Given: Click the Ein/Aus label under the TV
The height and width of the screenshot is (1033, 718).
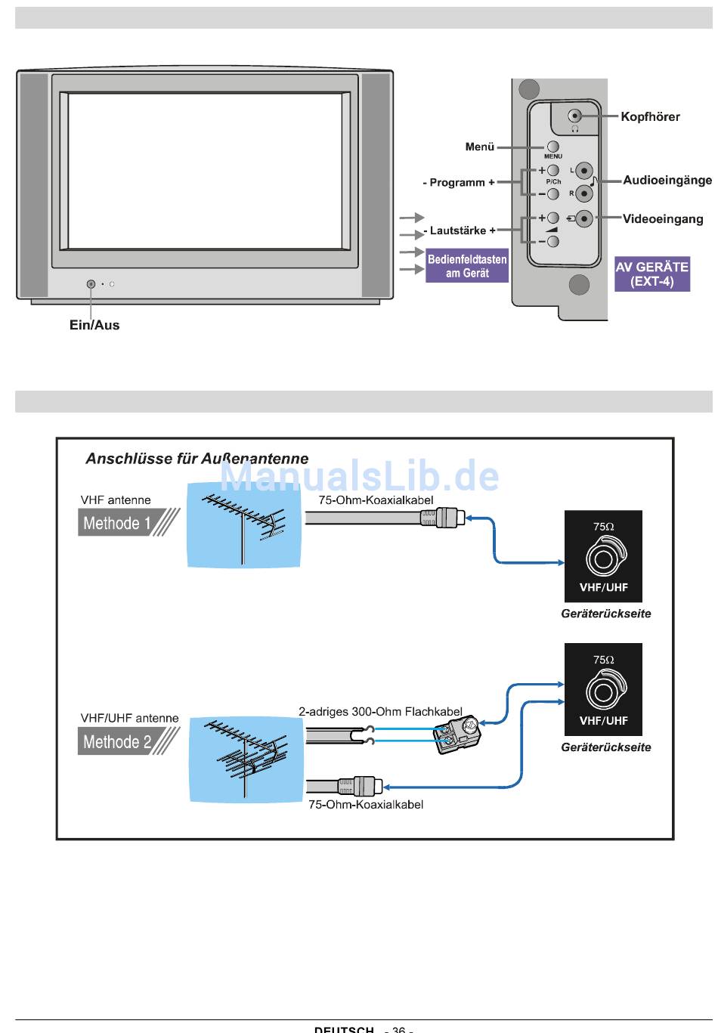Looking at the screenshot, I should pos(94,326).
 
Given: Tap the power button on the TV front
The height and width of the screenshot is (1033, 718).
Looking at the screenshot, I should pos(91,284).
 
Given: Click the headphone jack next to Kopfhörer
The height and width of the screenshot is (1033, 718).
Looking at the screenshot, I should pos(575,116).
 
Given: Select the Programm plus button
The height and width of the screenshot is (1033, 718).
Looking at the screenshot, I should pos(552,171).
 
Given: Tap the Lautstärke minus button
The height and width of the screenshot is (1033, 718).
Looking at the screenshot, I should pos(552,242).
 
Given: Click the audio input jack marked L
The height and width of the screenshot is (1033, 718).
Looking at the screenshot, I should pos(583,171).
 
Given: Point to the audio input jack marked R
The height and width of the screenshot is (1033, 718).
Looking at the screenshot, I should pos(583,193).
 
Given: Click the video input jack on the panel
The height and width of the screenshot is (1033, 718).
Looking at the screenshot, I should pos(583,219).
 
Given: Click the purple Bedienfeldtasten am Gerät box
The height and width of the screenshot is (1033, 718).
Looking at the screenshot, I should pos(467,267).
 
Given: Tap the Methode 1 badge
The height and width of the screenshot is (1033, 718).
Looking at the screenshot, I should pos(121,522).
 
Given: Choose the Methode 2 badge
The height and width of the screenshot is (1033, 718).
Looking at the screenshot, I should pos(121,741).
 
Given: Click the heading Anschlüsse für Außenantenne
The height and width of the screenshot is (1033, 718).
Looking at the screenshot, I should pos(197,459).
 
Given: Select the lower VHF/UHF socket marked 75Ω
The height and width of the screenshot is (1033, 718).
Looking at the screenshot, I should pos(603,691).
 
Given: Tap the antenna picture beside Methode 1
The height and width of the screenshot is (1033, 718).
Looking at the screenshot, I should pos(242,525).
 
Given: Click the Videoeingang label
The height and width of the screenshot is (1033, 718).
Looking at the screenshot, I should pos(663,219).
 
